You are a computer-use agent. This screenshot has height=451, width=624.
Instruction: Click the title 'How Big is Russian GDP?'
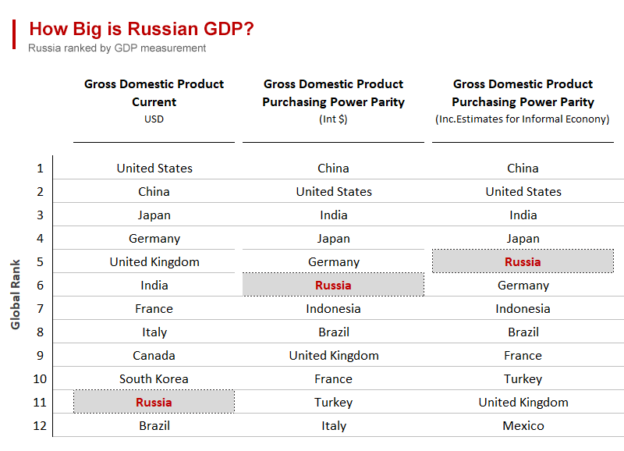click(x=140, y=30)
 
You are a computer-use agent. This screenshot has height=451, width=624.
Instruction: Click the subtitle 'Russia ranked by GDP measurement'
click(x=117, y=48)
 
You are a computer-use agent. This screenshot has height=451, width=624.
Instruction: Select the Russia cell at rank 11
click(x=154, y=402)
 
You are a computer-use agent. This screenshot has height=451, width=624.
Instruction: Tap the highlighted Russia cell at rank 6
click(x=333, y=285)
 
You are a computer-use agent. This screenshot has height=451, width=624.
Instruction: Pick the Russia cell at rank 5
click(x=523, y=261)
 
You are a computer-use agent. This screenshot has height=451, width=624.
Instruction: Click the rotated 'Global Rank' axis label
click(x=16, y=294)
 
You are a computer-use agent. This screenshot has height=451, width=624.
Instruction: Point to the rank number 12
click(x=39, y=425)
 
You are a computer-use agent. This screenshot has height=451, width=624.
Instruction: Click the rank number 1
click(x=40, y=168)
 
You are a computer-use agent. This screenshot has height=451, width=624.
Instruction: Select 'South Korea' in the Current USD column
click(x=154, y=378)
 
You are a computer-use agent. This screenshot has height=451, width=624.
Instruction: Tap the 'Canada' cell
click(x=154, y=355)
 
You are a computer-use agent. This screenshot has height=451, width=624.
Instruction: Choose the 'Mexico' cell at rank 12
click(x=523, y=425)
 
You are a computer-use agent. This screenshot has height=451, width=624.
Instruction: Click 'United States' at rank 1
click(x=154, y=168)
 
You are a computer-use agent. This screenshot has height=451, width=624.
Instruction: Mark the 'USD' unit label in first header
click(x=154, y=119)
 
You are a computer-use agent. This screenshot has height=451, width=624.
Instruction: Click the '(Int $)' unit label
click(x=333, y=119)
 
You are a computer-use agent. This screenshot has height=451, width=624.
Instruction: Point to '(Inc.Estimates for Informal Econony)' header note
click(x=523, y=119)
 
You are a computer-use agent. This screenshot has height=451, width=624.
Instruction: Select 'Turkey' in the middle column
click(x=333, y=402)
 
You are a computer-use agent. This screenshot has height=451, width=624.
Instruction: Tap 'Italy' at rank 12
click(x=333, y=425)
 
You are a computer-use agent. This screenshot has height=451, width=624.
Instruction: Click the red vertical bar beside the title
click(x=14, y=34)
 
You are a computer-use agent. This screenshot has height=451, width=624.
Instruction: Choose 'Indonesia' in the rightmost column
click(x=523, y=308)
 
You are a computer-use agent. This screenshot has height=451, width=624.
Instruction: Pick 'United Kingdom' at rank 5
click(x=154, y=261)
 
